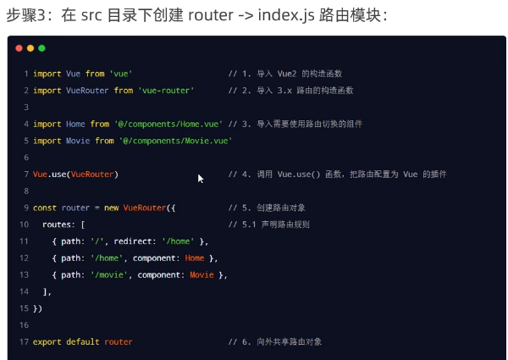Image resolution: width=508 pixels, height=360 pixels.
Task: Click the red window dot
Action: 19,48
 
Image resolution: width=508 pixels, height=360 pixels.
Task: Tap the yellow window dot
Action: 30,48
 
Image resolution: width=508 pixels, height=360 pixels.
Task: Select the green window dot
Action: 42,48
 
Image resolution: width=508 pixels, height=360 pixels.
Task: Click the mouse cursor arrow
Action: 201,179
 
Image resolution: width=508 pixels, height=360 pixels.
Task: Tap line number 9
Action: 25,208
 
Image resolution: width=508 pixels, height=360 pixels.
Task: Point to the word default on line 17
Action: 83,341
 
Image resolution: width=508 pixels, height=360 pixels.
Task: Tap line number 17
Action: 24,341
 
